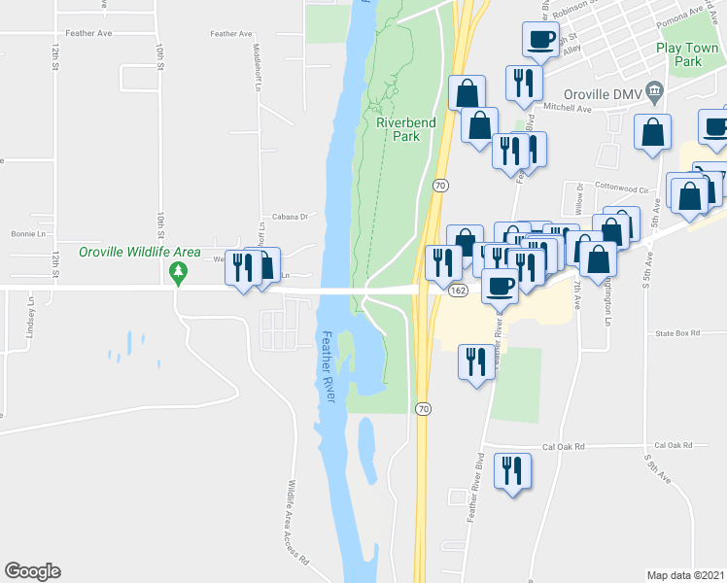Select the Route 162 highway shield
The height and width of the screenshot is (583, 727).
pyautogui.click(x=458, y=290)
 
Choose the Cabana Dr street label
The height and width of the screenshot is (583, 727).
pyautogui.click(x=289, y=217)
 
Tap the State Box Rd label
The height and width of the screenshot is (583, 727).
pyautogui.click(x=677, y=333)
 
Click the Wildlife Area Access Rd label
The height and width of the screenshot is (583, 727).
pyautogui.click(x=296, y=522)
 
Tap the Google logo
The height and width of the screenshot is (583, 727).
pyautogui.click(x=32, y=571)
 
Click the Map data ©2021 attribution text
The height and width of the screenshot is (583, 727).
pyautogui.click(x=685, y=574)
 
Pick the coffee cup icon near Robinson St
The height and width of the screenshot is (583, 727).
pyautogui.click(x=540, y=40)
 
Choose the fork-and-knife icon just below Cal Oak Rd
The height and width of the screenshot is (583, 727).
pyautogui.click(x=511, y=471)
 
